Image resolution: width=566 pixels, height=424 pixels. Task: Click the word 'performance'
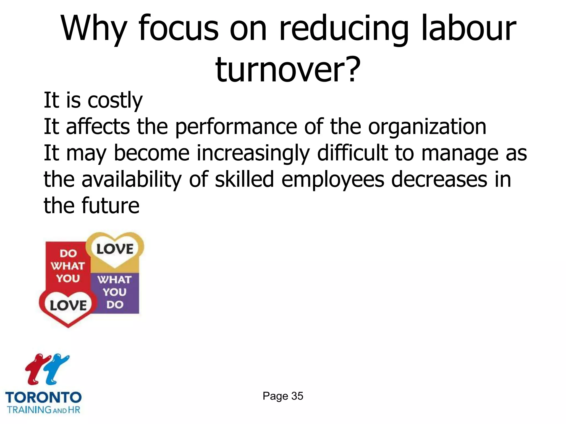click(x=236, y=127)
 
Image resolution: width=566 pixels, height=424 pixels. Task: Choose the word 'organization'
click(x=427, y=127)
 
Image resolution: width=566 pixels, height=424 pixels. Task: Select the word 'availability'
click(x=132, y=180)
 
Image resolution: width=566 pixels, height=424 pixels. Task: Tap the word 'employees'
click(x=333, y=180)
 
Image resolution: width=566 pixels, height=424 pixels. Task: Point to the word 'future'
click(x=111, y=206)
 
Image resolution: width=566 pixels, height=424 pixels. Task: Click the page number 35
click(x=297, y=396)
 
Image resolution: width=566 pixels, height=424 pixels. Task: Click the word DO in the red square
click(x=68, y=253)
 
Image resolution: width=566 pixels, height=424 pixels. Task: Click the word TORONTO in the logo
click(x=43, y=397)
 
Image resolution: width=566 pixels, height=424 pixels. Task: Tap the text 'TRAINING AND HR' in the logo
click(x=43, y=409)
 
